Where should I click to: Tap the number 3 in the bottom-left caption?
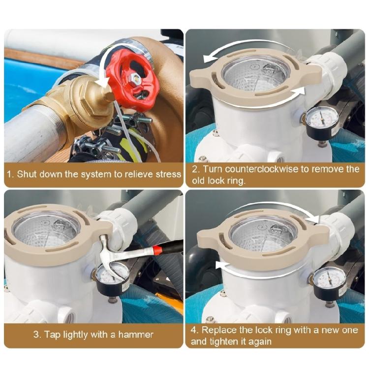[36, 335]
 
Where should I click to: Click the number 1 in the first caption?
[9, 174]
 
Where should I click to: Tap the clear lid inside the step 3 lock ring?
[47, 229]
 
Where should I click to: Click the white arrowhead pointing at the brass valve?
[102, 83]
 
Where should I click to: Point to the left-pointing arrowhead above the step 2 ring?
[209, 58]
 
